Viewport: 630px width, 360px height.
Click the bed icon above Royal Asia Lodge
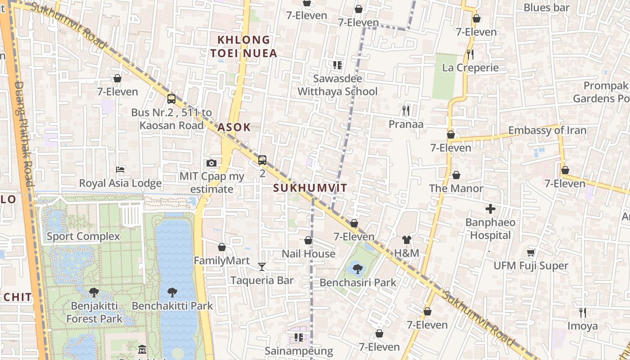[x=120, y=170]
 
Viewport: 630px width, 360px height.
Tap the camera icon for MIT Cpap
[x=211, y=163]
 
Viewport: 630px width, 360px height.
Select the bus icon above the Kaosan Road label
[x=171, y=99]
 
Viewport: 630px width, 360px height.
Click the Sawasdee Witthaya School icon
[x=337, y=65]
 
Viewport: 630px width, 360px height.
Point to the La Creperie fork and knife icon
[x=470, y=54]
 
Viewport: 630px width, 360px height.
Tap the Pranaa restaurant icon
[x=406, y=110]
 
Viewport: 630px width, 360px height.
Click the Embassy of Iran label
[x=547, y=130]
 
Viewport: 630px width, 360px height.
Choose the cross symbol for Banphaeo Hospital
[x=490, y=209]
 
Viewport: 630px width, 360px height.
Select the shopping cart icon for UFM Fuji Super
[x=531, y=252]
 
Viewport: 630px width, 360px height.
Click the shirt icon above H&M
[x=407, y=240]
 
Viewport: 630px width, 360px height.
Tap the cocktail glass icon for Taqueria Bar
[x=262, y=267]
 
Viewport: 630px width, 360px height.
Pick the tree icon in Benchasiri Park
[x=358, y=269]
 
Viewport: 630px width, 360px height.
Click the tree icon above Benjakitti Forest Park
[x=94, y=292]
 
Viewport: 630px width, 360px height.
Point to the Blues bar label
[x=547, y=8]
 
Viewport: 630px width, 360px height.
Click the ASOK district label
[x=234, y=127]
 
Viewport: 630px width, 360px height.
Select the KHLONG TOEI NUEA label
[x=243, y=47]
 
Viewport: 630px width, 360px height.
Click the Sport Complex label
[x=83, y=236]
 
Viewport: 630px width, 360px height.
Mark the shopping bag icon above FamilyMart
[x=221, y=247]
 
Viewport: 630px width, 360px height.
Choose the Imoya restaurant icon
[x=582, y=312]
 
